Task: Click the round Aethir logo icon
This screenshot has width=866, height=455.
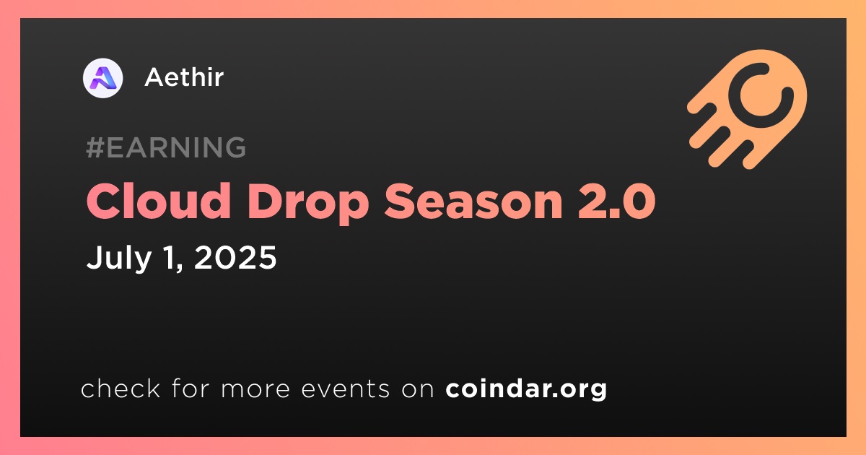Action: (102, 78)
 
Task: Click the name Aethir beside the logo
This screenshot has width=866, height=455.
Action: (184, 77)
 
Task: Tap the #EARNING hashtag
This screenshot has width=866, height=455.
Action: (166, 147)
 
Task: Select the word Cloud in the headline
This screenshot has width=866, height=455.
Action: (159, 201)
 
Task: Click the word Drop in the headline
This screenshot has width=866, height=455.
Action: (308, 203)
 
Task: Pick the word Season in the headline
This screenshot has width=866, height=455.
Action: (473, 201)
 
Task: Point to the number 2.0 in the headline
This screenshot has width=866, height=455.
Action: (616, 201)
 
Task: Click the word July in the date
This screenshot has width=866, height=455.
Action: (119, 259)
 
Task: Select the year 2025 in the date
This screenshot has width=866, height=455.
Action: (235, 257)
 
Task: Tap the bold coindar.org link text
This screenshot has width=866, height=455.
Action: (526, 389)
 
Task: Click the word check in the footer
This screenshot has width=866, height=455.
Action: (121, 388)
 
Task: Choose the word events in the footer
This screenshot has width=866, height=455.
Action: (346, 389)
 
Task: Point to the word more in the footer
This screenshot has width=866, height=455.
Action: (255, 389)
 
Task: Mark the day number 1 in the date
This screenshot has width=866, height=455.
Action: (170, 257)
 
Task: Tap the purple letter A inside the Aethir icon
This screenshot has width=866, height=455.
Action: (102, 78)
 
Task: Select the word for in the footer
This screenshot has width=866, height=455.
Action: (191, 388)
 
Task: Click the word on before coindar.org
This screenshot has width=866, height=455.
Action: (418, 389)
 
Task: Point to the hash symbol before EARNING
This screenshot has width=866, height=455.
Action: (95, 147)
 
